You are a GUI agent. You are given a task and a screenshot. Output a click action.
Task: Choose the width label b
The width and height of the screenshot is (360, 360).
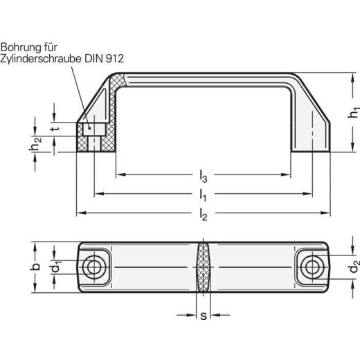(36, 267)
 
